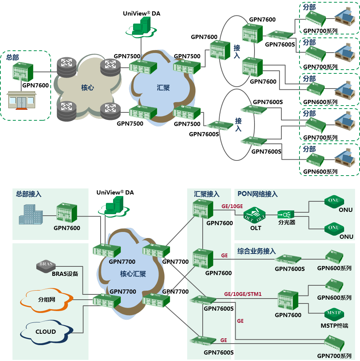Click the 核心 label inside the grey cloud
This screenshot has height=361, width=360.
coord(87,88)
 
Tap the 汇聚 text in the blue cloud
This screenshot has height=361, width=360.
coord(163,88)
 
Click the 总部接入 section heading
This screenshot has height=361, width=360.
coord(29,194)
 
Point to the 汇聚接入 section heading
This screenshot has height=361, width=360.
coord(207,194)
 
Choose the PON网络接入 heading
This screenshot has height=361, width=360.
coord(258,194)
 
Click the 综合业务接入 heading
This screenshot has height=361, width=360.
coord(257,251)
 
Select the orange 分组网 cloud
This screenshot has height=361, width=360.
coord(47,300)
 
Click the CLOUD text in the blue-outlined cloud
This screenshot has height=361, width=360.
coord(46,332)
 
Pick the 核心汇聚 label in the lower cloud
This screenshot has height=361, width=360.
coord(133,274)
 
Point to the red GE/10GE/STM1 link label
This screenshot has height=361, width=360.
coord(243,294)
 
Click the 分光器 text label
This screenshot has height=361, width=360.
coord(287,223)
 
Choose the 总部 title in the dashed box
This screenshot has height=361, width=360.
coord(12,58)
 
